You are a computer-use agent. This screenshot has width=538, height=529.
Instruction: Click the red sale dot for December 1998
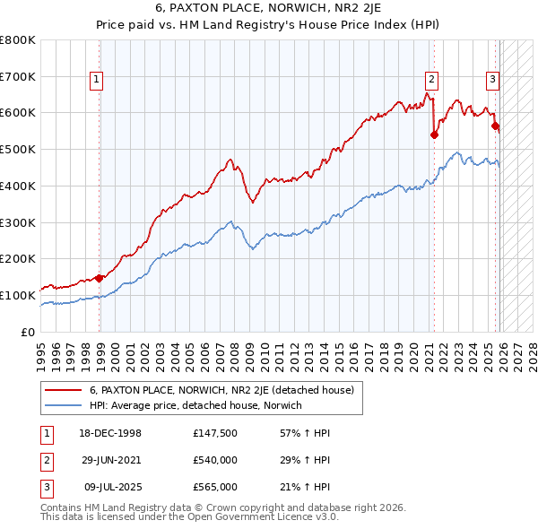pyautogui.click(x=99, y=278)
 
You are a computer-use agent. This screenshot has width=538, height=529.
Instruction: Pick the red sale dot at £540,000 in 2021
pyautogui.click(x=434, y=134)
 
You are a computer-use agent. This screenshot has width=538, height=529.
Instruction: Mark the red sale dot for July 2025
pyautogui.click(x=495, y=126)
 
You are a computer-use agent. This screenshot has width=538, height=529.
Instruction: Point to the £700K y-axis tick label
pyautogui.click(x=18, y=77)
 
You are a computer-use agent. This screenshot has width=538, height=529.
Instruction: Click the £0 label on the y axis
pyautogui.click(x=29, y=332)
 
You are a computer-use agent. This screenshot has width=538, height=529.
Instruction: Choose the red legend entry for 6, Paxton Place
pyautogui.click(x=221, y=390)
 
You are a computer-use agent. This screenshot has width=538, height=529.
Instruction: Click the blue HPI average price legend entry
pyautogui.click(x=195, y=405)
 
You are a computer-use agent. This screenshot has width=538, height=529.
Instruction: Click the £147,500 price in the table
pyautogui.click(x=214, y=432)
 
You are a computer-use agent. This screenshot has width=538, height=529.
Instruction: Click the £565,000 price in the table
pyautogui.click(x=214, y=487)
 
